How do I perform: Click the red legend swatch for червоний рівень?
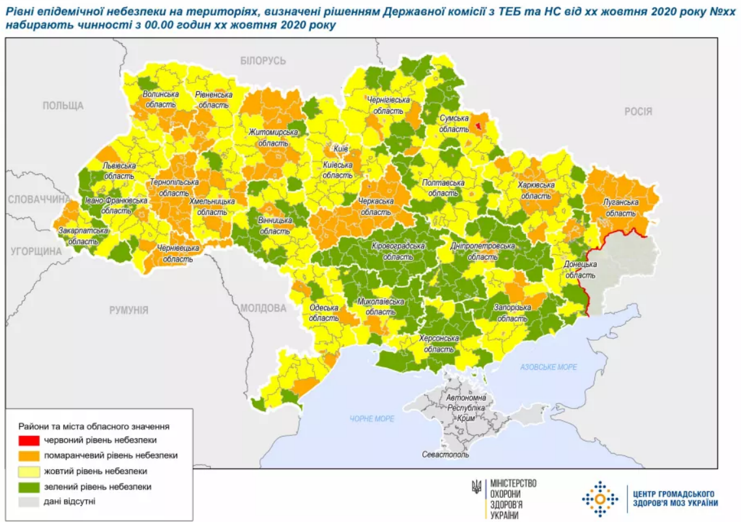[29, 441]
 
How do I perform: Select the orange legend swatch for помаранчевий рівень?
[29, 456]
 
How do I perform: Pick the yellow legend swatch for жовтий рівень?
[29, 471]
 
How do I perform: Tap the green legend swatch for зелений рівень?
[29, 487]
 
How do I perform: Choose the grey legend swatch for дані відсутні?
[29, 502]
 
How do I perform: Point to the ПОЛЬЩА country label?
[63, 106]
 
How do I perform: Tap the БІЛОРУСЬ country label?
[263, 61]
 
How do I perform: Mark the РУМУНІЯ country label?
[128, 310]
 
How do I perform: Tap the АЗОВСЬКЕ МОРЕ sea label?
[548, 368]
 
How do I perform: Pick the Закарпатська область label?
[83, 235]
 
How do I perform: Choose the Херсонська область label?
[437, 343]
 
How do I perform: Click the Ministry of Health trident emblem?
[477, 486]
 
